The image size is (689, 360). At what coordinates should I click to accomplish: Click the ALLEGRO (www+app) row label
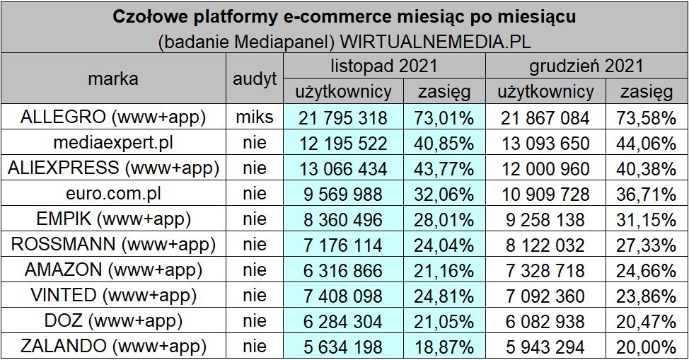pos(113,117)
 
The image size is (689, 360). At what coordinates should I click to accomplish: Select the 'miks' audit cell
pos(254,117)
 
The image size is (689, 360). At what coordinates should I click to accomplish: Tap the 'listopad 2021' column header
pos(384,66)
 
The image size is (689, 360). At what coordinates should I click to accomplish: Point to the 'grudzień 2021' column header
pos(586,66)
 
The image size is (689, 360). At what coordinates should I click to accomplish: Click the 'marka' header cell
pos(113,79)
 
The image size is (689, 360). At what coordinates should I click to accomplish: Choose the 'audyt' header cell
pos(254,79)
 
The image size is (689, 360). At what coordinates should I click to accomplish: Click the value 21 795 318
pos(342,117)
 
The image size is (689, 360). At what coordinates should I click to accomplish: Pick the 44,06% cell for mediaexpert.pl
pos(647,144)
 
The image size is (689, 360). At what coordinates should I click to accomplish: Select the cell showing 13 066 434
pos(342,169)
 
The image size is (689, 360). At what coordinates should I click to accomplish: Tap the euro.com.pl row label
pos(113,194)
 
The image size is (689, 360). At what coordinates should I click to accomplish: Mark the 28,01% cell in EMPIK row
pos(444,220)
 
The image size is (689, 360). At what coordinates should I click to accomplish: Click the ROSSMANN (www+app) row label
pos(113,245)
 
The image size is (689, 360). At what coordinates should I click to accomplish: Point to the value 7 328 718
pos(545,271)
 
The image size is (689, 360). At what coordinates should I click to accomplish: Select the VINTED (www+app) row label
pos(113,296)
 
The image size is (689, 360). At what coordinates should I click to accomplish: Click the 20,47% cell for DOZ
pos(647,322)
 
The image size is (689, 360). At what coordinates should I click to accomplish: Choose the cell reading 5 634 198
pos(342,347)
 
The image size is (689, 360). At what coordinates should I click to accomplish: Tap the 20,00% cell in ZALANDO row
pos(647,347)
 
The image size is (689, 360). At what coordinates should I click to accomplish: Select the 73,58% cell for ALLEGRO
pos(647,117)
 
